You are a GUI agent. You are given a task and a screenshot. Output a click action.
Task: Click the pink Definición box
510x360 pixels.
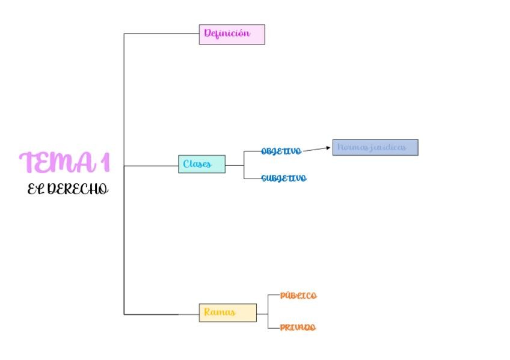point(232,34)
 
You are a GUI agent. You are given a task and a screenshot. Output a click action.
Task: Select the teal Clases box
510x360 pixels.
point(201,164)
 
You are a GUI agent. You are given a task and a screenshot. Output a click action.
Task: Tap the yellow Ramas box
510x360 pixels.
point(227,313)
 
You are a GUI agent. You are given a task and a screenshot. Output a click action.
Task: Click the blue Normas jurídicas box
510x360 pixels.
point(375,147)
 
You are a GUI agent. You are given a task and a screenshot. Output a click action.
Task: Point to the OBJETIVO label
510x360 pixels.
point(281,151)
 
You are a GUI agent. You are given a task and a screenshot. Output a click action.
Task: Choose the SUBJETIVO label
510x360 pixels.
point(283,178)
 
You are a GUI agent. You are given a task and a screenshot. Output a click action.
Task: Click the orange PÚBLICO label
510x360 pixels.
point(298,296)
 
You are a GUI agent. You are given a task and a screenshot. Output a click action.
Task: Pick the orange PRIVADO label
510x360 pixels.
point(298,328)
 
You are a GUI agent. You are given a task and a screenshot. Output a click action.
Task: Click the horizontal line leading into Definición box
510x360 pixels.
point(161,34)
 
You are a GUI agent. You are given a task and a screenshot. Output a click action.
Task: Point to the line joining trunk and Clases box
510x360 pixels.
point(150,165)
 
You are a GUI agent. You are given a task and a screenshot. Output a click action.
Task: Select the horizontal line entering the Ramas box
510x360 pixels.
point(161,314)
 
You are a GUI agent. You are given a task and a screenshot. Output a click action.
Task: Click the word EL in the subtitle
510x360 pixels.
point(35,189)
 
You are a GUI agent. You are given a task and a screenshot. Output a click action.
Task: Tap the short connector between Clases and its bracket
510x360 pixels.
point(235,165)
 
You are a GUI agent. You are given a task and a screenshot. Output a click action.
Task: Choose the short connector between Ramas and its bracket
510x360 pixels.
point(262,314)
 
